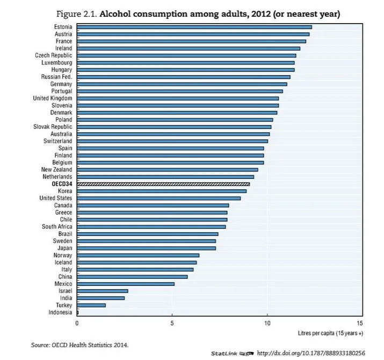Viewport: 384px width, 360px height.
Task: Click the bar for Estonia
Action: (x=194, y=27)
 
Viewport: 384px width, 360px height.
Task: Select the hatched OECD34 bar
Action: (x=163, y=184)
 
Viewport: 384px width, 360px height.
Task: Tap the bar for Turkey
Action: (x=91, y=305)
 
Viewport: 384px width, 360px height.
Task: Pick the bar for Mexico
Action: (x=126, y=283)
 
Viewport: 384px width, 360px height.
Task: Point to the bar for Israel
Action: (x=103, y=291)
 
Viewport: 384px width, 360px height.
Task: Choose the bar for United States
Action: (x=158, y=198)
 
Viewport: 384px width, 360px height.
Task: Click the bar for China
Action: (x=132, y=276)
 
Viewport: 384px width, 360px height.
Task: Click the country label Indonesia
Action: (x=60, y=312)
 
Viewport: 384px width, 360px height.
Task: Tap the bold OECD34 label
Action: (x=62, y=184)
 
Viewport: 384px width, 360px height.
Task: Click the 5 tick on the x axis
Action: (x=172, y=323)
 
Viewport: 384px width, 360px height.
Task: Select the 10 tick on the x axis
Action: (x=266, y=323)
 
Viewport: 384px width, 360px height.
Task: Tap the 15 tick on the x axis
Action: (x=360, y=323)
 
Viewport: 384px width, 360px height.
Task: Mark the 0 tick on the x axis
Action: (x=77, y=323)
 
